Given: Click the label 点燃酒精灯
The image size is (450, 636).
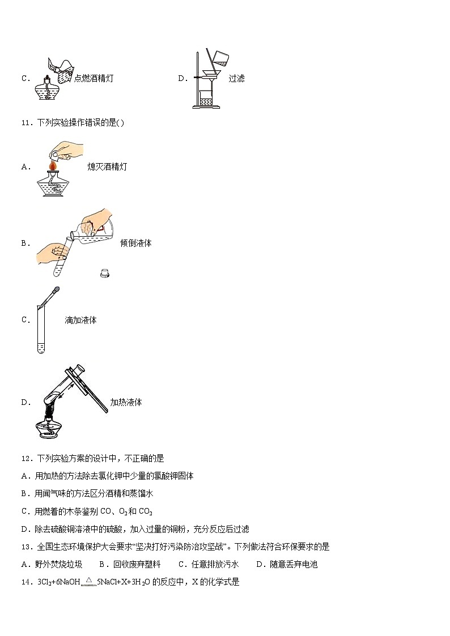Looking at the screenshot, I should coord(94,79).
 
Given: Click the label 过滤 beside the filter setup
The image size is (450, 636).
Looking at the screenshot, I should coord(236,79).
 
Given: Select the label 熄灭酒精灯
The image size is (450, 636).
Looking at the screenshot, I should coord(107,167).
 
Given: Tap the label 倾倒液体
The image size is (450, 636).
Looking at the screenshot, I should coord(135,243).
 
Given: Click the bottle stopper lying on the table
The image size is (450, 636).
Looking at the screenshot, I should coord(104,272).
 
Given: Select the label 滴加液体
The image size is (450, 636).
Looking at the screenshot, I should coord(80,320).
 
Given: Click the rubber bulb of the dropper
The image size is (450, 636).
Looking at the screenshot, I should coord(56,292).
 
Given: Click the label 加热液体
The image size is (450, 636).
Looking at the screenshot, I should coord(126,402).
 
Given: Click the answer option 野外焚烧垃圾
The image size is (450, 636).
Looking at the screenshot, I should coord(52,564).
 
